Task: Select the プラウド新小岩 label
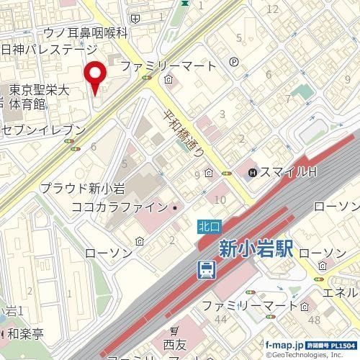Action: tap(82, 189)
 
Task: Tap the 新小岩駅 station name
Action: tap(255, 249)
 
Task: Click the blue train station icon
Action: tap(207, 270)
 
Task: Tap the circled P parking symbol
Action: tap(234, 63)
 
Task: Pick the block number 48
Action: tap(313, 319)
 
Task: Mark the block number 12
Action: tap(272, 9)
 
